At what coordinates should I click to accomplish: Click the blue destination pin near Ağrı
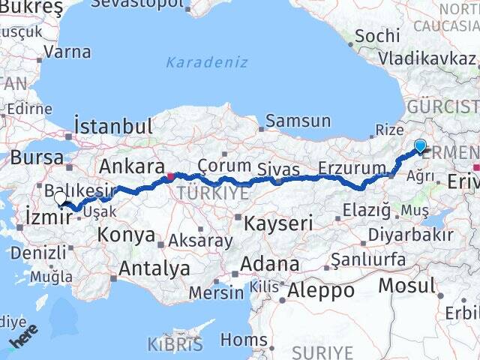(x=420, y=146)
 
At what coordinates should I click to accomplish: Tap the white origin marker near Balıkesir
(x=60, y=199)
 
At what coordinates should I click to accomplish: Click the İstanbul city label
(x=113, y=125)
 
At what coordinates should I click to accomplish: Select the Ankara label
(x=132, y=166)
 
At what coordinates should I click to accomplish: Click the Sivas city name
(x=278, y=169)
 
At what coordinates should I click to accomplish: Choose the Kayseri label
(x=278, y=222)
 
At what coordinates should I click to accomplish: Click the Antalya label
(x=154, y=268)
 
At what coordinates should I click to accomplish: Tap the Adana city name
(x=270, y=265)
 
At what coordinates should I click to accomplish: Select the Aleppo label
(x=321, y=289)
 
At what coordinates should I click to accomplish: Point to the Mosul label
(x=406, y=285)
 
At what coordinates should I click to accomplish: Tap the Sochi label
(x=372, y=35)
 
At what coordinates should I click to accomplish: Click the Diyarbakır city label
(x=409, y=234)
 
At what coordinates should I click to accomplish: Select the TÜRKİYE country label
(x=211, y=193)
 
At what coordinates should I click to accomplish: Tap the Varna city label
(x=67, y=52)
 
